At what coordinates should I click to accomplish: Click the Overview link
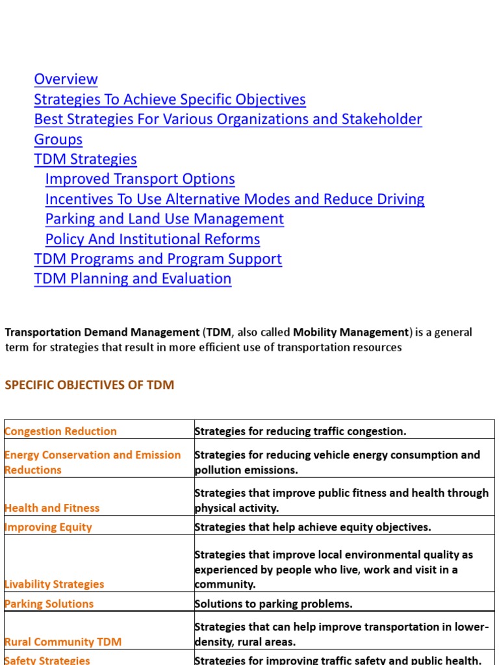[x=66, y=79]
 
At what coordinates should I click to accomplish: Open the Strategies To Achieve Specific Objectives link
[x=170, y=99]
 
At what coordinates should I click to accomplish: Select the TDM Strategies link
[x=85, y=159]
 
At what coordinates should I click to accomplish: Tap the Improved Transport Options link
[x=140, y=179]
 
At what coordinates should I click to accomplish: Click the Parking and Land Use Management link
[x=164, y=219]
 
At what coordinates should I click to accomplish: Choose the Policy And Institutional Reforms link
[x=152, y=239]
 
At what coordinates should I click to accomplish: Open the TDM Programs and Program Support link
[x=157, y=259]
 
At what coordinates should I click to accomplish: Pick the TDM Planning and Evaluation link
[x=133, y=279]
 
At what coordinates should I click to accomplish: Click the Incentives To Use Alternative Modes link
[x=235, y=199]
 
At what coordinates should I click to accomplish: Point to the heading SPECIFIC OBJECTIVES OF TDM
[x=90, y=384]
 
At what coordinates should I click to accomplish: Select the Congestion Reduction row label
[x=60, y=431]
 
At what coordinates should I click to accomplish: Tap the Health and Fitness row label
[x=52, y=508]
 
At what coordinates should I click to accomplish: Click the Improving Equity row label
[x=48, y=527]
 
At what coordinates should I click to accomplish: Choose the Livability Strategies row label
[x=54, y=584]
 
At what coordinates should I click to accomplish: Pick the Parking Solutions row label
[x=49, y=604]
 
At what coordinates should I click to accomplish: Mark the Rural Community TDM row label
[x=62, y=642]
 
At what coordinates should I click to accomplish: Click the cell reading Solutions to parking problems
[x=274, y=604]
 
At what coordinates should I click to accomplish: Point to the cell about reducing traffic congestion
[x=300, y=431]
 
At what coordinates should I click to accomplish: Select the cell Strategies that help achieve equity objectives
[x=313, y=527]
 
